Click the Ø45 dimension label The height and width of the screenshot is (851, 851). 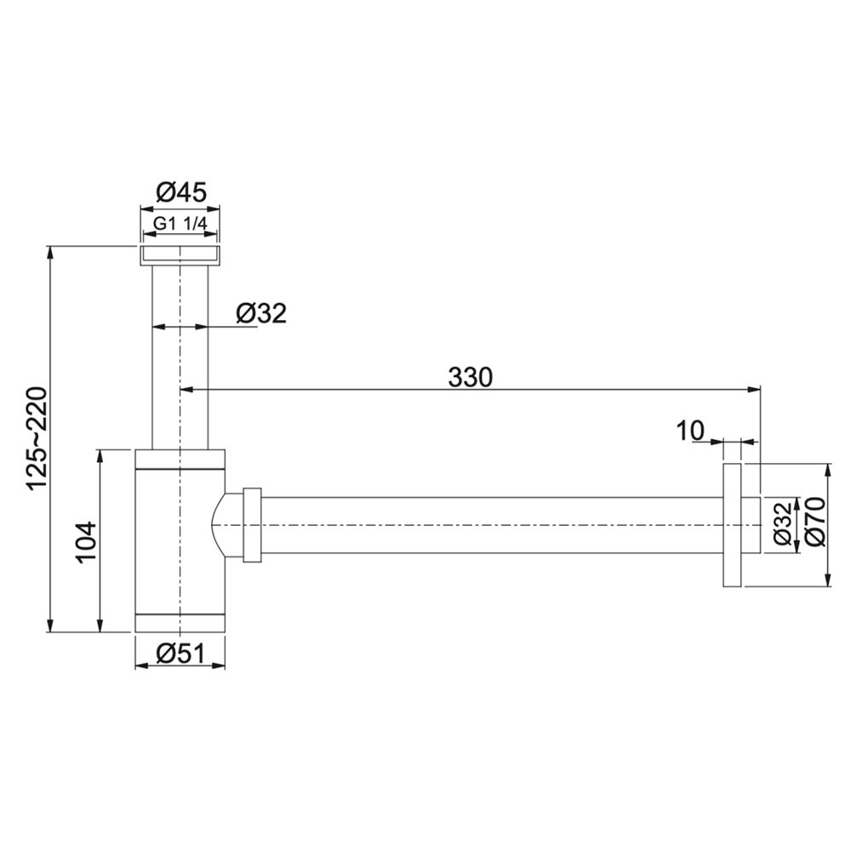pos(181,192)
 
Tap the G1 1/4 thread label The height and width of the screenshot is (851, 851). pos(180,224)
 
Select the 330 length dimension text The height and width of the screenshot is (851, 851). pos(470,377)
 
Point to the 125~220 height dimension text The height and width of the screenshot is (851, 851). pos(39,438)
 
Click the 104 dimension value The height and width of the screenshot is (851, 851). pos(86,541)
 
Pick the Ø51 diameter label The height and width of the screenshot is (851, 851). pos(180,654)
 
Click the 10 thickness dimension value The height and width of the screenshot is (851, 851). pos(690,431)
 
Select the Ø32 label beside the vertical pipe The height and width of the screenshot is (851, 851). pos(261,313)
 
